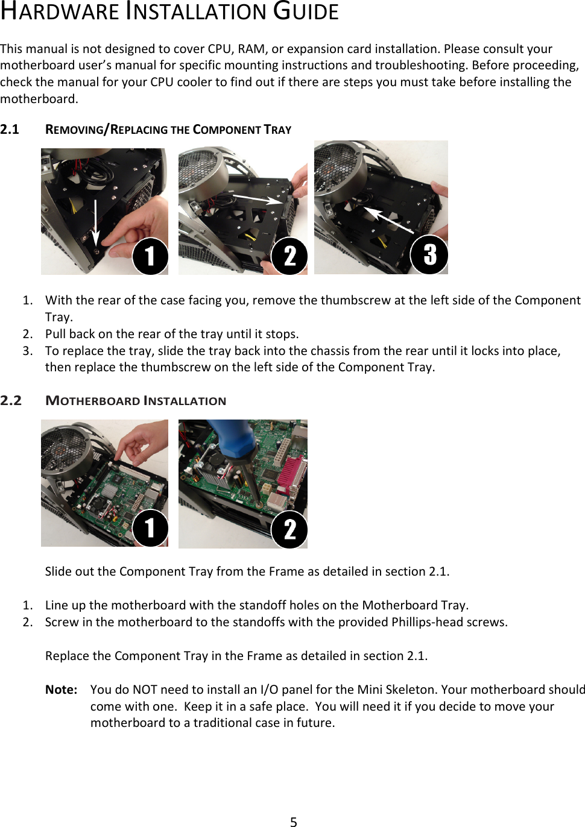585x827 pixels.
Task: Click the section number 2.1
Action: point(10,130)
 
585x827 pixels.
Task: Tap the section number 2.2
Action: point(11,401)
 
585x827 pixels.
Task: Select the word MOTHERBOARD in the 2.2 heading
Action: point(93,401)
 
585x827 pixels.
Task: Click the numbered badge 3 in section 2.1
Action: point(429,254)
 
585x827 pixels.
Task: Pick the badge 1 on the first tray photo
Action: point(150,256)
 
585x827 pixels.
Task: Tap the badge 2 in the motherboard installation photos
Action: point(289,529)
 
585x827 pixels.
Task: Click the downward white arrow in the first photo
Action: point(96,223)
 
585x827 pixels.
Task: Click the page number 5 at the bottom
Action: point(293,821)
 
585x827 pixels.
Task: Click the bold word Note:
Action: point(61,690)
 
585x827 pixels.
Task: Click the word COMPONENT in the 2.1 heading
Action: point(227,130)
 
